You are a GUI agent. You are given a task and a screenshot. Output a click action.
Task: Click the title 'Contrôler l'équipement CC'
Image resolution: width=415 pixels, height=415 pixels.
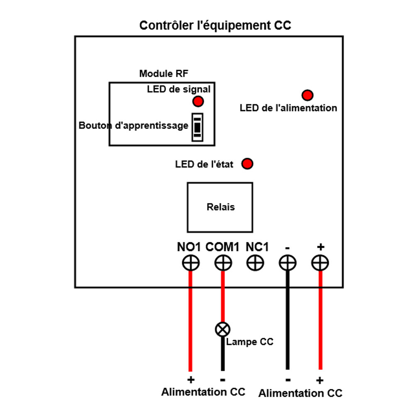(x=215, y=25)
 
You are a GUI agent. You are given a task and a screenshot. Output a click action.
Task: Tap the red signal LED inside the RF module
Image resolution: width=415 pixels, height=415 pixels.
(x=198, y=101)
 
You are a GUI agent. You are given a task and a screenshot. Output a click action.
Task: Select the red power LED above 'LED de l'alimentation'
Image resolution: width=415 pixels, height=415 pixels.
(x=307, y=95)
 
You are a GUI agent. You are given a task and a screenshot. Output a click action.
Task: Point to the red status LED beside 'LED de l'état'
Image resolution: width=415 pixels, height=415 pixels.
(x=248, y=164)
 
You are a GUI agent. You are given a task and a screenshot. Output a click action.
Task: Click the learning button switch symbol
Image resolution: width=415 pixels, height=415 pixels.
(x=197, y=127)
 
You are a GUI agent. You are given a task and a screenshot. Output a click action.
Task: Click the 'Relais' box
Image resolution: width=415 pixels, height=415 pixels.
(x=220, y=207)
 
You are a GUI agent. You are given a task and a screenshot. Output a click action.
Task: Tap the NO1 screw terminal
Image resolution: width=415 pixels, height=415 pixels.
(x=191, y=263)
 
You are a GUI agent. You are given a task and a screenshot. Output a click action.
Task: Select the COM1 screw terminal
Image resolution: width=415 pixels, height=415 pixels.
(x=223, y=263)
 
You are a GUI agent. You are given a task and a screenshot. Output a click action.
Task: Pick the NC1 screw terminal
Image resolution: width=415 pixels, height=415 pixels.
(x=255, y=263)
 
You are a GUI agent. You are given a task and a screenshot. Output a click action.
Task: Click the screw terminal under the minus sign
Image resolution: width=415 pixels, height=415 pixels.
(x=287, y=263)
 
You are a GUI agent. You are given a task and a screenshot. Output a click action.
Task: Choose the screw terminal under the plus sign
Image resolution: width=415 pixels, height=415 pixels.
(x=320, y=263)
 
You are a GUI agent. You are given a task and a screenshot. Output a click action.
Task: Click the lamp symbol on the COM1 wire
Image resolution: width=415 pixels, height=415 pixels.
(x=222, y=330)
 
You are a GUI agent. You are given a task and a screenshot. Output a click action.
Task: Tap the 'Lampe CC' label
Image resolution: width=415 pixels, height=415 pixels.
(x=250, y=342)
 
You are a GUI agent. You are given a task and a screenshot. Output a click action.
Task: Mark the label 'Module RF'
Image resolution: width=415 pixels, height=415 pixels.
(x=164, y=74)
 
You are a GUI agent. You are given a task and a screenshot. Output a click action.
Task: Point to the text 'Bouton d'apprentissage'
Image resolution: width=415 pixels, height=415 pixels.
(x=134, y=126)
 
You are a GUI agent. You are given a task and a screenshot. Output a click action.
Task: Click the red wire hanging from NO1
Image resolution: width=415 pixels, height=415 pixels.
(x=190, y=324)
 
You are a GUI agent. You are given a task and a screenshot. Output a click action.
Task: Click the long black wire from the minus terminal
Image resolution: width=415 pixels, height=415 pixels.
(x=287, y=324)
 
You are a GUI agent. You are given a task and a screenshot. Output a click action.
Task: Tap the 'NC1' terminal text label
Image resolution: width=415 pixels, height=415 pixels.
(x=257, y=247)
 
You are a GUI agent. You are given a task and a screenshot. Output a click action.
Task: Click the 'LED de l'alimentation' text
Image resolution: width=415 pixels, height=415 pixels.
(x=288, y=108)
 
